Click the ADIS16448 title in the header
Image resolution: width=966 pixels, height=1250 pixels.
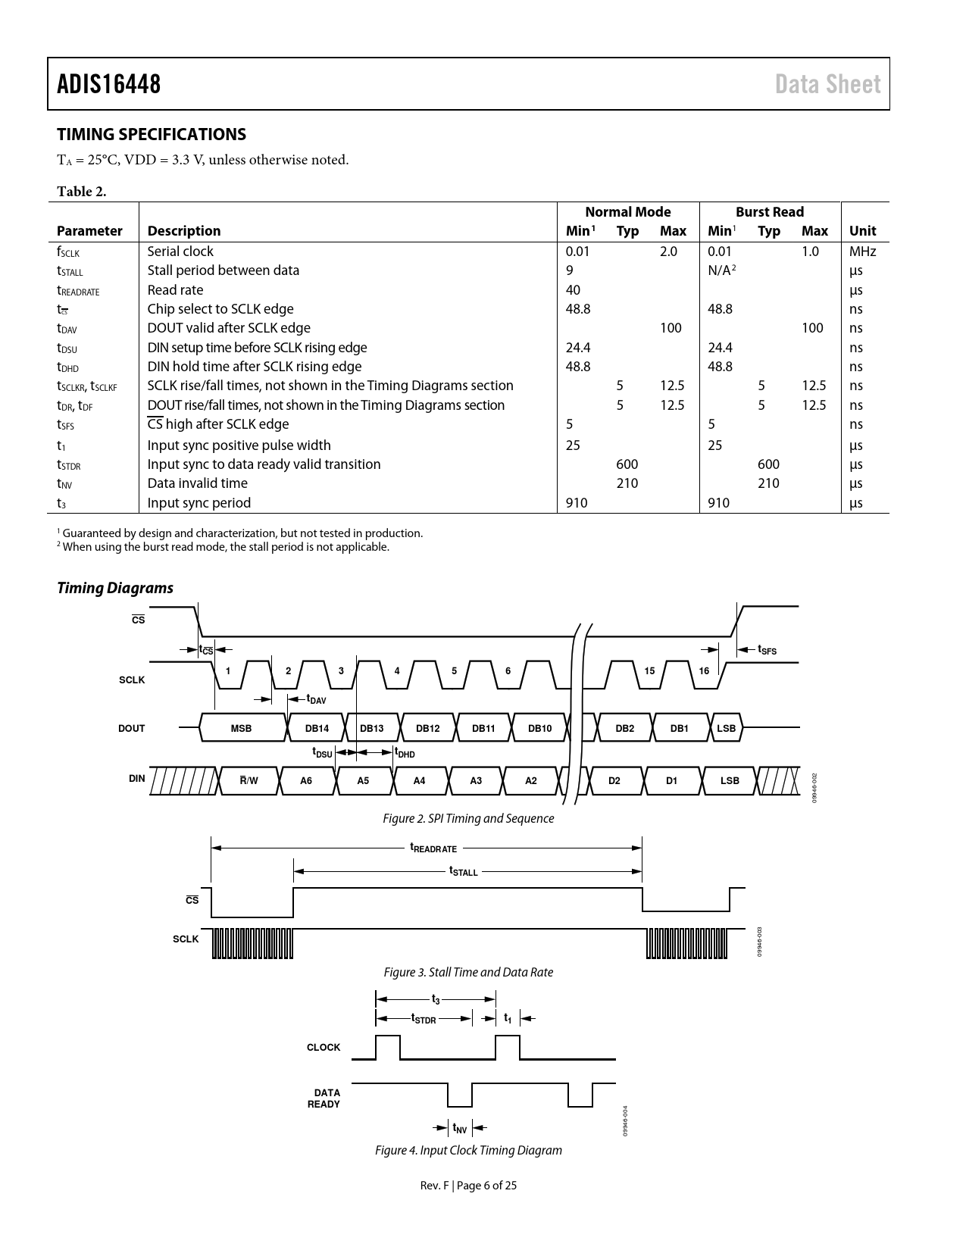pos(109,84)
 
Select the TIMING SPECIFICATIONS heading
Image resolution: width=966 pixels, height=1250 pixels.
pos(152,134)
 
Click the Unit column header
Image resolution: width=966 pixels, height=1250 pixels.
pos(862,231)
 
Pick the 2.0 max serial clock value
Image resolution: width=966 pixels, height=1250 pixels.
pos(668,252)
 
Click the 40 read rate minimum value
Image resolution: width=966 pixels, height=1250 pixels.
pos(573,290)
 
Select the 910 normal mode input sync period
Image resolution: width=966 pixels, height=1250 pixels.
pos(577,503)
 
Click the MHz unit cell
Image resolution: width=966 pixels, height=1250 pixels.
pos(862,252)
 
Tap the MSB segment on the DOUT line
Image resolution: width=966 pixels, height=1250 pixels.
pos(241,728)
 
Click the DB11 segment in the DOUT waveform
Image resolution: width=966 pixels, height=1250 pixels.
pos(483,728)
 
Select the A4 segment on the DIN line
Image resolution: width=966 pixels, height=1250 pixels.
pos(420,780)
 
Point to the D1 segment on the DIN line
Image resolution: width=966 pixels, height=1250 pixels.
pos(672,780)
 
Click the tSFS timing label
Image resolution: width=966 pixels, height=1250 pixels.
pos(767,650)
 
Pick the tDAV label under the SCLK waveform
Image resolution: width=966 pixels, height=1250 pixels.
pos(316,700)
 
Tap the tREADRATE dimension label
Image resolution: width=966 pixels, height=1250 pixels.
pos(433,848)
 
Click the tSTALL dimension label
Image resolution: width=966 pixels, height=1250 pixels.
pos(464,872)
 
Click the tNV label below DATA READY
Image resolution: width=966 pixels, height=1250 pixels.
pos(460,1129)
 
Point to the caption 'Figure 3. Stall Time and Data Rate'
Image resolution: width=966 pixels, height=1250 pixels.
pos(468,972)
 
